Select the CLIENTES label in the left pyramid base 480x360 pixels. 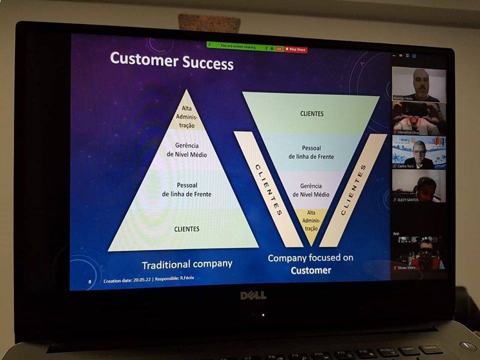point(186,229)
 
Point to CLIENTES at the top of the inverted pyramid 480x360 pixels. point(311,113)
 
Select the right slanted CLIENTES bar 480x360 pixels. point(353,190)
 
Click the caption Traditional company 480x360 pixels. point(186,264)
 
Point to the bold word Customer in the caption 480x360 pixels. point(311,270)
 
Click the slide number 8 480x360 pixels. point(90,281)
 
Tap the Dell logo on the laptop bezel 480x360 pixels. point(253,295)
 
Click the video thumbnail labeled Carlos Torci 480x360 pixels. point(418,152)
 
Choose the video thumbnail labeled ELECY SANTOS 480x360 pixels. point(418,186)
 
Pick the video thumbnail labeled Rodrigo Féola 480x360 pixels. point(418,84)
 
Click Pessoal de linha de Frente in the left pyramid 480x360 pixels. point(186,189)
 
